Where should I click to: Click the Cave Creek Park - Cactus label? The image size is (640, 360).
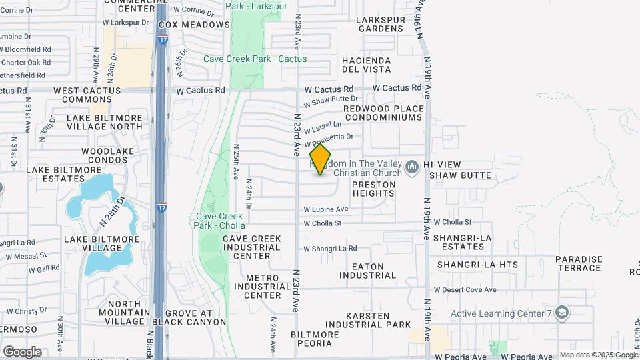point(255,59)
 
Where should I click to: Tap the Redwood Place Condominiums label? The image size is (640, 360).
point(383,113)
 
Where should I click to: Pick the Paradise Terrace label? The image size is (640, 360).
point(579,263)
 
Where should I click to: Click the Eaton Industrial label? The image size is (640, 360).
point(367,271)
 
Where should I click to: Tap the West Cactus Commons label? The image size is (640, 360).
point(87,95)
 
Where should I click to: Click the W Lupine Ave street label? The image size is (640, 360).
point(326,209)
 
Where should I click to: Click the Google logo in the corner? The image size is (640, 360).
point(22,351)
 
